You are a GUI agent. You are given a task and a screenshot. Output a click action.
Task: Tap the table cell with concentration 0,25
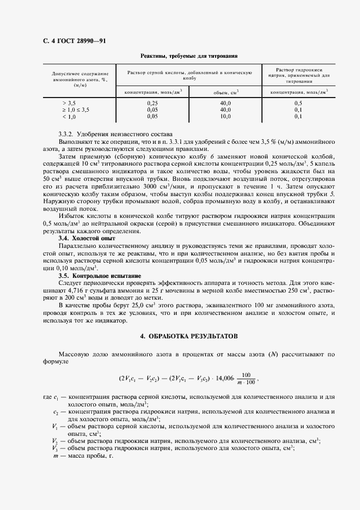click(x=152, y=103)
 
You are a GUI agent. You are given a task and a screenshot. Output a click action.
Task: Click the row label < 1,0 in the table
click(x=69, y=116)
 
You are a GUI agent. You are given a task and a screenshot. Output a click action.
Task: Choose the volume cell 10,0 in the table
click(x=225, y=116)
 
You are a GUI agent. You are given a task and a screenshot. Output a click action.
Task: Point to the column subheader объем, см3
click(x=225, y=92)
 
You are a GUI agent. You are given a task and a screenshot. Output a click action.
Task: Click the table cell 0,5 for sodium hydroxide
click(x=298, y=103)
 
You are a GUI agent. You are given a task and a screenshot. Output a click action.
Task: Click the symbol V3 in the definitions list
click(x=55, y=448)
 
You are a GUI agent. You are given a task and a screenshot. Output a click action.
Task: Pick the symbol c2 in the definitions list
click(x=56, y=412)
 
